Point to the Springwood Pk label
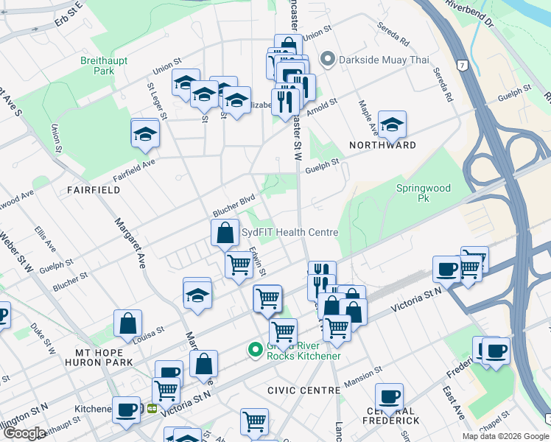coord(423,193)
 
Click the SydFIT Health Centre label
coord(290,232)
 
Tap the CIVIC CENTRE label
coord(296,389)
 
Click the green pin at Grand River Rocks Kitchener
coord(255,350)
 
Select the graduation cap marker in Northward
coord(392,124)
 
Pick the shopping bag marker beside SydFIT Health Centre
coord(225,232)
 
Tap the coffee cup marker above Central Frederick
coord(388,396)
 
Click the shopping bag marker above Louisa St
coord(127,322)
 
